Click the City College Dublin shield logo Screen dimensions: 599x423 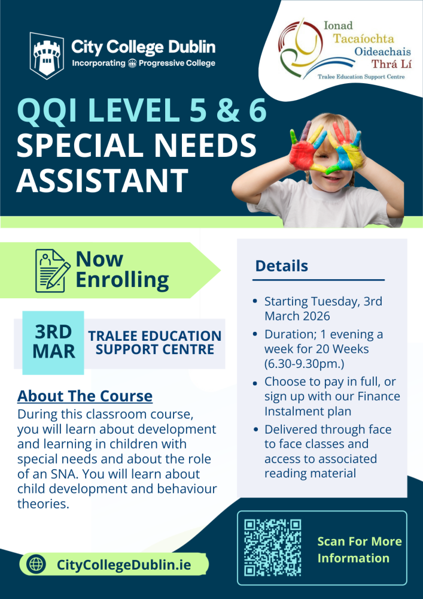coord(45,55)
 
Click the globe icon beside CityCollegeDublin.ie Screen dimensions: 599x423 coord(37,564)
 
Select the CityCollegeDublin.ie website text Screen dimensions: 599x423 coord(124,564)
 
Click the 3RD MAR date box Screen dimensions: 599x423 coord(53,342)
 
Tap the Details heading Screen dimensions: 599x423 coord(282,266)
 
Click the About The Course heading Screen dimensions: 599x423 coord(85,396)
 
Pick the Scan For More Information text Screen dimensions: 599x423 coord(359,550)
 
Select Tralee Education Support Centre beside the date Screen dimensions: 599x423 coord(155,342)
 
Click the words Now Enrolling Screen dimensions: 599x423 coord(122,270)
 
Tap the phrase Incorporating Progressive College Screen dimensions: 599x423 coord(144,64)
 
